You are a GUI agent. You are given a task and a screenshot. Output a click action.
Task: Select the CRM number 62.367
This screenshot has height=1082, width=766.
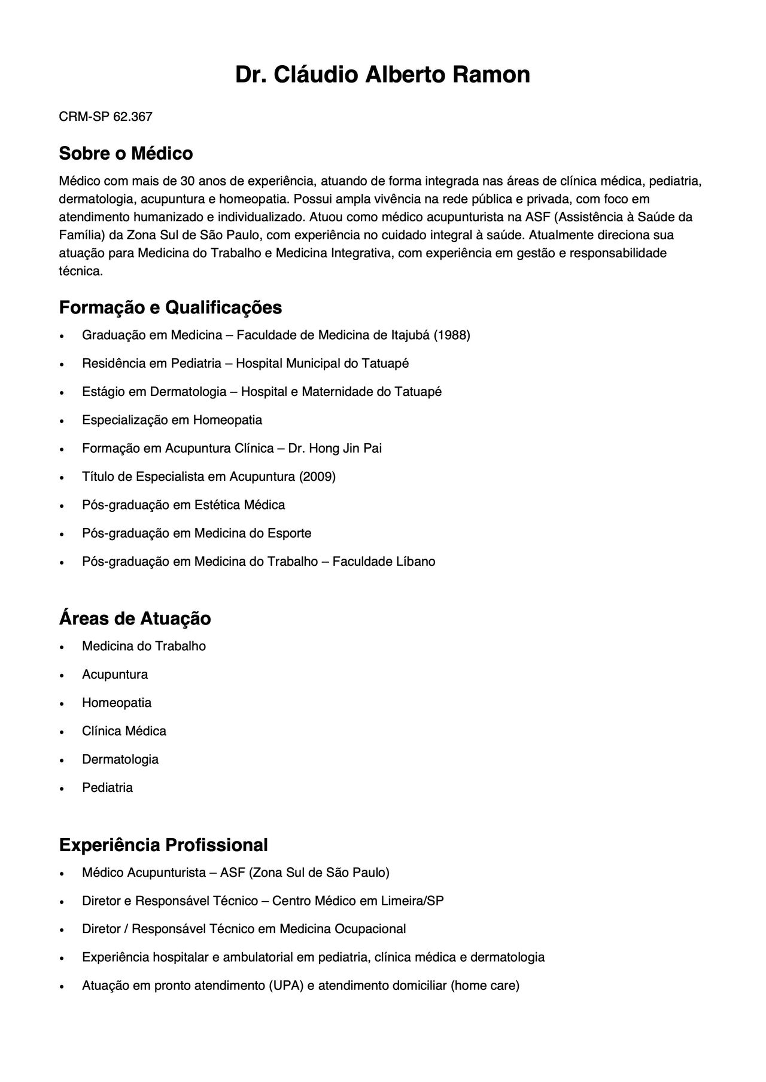coord(132,117)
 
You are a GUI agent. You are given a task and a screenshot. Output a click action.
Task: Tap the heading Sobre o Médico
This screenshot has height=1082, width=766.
coord(126,154)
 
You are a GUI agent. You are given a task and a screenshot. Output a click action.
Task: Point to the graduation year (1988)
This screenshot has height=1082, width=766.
coord(452,335)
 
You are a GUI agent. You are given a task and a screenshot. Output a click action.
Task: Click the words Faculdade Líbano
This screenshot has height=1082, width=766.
coord(384,562)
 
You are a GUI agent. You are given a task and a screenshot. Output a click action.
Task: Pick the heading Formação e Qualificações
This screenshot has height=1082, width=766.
coord(170,307)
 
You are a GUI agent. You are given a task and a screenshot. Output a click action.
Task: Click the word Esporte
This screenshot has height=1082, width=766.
coord(290,533)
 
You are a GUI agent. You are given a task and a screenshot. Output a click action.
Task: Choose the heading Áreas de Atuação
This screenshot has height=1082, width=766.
coord(135,618)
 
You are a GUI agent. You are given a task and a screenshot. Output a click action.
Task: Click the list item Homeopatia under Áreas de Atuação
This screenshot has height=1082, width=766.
coord(117,703)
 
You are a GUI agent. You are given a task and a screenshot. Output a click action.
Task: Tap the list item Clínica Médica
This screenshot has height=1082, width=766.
coord(124,731)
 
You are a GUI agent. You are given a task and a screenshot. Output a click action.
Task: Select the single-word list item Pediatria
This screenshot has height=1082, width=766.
coord(107,788)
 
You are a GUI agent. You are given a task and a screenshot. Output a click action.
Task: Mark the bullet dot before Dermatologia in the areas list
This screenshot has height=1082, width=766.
coord(61,760)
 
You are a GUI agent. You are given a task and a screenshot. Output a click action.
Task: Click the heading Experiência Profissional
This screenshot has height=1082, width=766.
coord(163,845)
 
